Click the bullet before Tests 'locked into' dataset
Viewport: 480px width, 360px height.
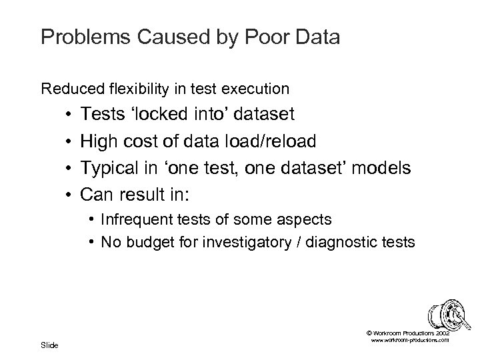tap(69, 115)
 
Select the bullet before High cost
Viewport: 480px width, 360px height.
tap(69, 141)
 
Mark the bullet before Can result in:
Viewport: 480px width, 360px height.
tap(69, 194)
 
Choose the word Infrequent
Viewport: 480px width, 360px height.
tap(138, 219)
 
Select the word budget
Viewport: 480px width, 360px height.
tap(147, 243)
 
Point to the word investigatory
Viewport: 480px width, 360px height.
tap(242, 243)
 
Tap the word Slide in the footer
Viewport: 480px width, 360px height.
tap(50, 345)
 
